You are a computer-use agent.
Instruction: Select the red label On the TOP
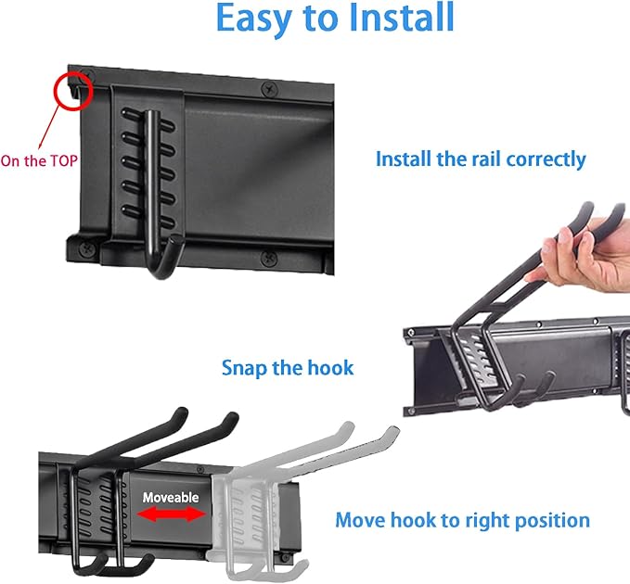tap(39, 160)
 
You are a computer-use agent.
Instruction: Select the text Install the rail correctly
tap(480, 159)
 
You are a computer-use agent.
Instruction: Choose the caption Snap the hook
tap(288, 368)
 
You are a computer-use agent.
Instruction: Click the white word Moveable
tap(171, 498)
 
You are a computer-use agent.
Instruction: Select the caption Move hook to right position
tap(462, 520)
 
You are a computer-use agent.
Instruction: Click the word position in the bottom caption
tap(549, 520)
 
